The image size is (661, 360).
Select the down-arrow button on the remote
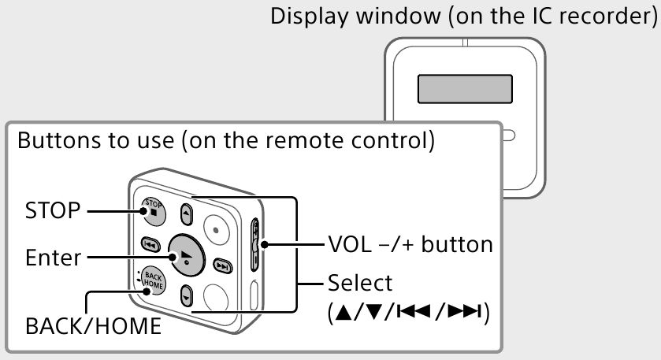click(186, 297)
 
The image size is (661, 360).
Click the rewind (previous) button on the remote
click(148, 245)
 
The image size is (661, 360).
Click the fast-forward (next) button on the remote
click(223, 265)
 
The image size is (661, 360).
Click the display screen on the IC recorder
click(465, 90)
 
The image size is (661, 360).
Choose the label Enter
click(52, 257)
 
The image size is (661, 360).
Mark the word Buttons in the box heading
click(51, 143)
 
